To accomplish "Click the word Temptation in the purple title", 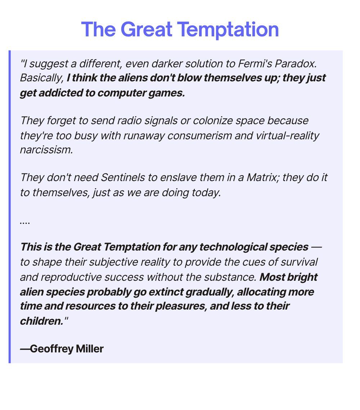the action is [x=228, y=30].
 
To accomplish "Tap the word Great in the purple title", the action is [x=147, y=29].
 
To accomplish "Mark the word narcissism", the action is [x=46, y=150].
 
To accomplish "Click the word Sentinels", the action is [x=123, y=177].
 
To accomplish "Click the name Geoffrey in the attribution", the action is [x=51, y=349].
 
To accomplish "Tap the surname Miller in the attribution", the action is [x=90, y=348].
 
